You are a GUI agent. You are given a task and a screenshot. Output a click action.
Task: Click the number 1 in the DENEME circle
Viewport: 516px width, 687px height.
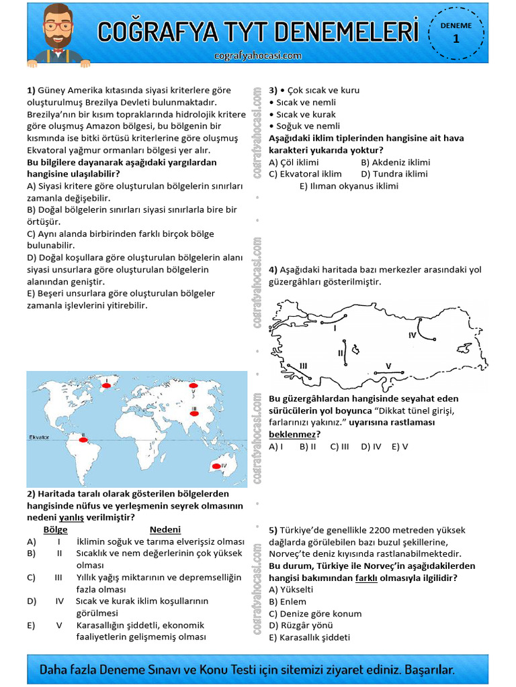pyautogui.click(x=456, y=39)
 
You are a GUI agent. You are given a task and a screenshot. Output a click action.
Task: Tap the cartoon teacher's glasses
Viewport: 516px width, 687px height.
pyautogui.click(x=58, y=27)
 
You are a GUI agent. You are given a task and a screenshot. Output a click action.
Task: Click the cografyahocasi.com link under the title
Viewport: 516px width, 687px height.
pyautogui.click(x=258, y=56)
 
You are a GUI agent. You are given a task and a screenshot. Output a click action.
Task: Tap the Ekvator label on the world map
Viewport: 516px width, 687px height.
pyautogui.click(x=39, y=437)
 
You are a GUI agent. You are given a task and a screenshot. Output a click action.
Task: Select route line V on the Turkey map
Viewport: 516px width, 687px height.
pyautogui.click(x=388, y=371)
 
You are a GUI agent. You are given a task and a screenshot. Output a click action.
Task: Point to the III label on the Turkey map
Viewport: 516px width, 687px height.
pyautogui.click(x=303, y=365)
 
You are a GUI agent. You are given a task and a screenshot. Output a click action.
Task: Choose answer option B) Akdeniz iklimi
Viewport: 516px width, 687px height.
pyautogui.click(x=396, y=162)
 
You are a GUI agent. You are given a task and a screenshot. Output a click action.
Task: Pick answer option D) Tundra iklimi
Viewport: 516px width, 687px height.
pyautogui.click(x=394, y=174)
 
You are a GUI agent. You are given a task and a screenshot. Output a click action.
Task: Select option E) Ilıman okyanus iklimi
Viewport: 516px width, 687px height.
pyautogui.click(x=349, y=186)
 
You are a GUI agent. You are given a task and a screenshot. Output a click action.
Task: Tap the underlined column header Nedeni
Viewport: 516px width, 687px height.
pyautogui.click(x=165, y=529)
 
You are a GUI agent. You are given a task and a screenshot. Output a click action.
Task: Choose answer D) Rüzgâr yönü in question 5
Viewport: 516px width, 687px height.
pyautogui.click(x=300, y=625)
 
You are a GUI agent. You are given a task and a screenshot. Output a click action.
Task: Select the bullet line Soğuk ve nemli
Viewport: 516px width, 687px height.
pyautogui.click(x=304, y=125)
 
